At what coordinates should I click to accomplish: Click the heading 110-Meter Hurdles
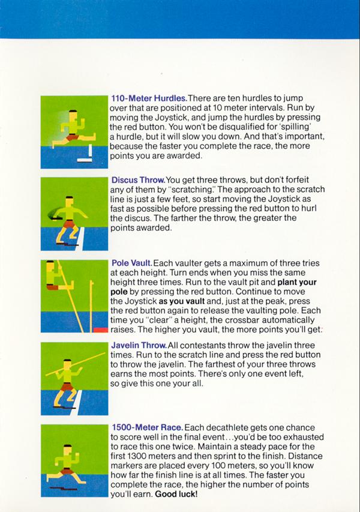click(149, 98)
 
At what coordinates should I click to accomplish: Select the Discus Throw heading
click(138, 180)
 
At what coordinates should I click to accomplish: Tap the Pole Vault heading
click(131, 263)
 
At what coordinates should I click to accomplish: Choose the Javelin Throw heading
click(139, 345)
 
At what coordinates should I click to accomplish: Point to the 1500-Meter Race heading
click(147, 427)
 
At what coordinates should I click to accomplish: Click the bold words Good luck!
click(176, 494)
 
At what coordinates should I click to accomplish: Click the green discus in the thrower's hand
click(53, 214)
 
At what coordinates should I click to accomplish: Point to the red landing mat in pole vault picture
click(101, 330)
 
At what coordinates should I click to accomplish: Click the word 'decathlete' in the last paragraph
click(228, 427)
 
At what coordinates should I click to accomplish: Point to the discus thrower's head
click(69, 202)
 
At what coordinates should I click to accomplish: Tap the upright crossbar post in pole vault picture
click(91, 306)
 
